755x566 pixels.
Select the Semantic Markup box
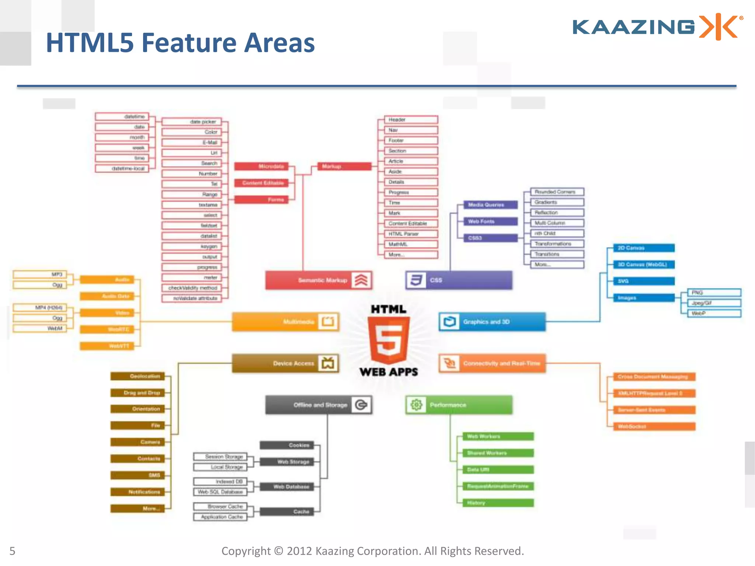pos(319,280)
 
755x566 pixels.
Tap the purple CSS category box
pos(459,280)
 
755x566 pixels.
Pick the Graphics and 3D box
pos(492,322)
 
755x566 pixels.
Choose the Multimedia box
pos(285,322)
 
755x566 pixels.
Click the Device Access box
pos(285,363)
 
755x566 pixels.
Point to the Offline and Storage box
pos(319,405)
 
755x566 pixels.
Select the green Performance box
pos(459,405)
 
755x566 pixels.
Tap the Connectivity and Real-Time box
pos(492,363)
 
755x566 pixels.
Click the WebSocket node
pos(654,427)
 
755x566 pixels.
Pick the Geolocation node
pos(138,376)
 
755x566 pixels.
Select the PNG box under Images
pos(714,293)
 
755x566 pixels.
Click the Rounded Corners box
pos(557,192)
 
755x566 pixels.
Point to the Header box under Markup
pos(411,120)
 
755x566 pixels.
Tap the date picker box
pos(192,122)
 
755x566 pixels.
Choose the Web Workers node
pos(498,437)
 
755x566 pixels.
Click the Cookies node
pos(287,445)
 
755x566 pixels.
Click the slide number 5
pos(13,551)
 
